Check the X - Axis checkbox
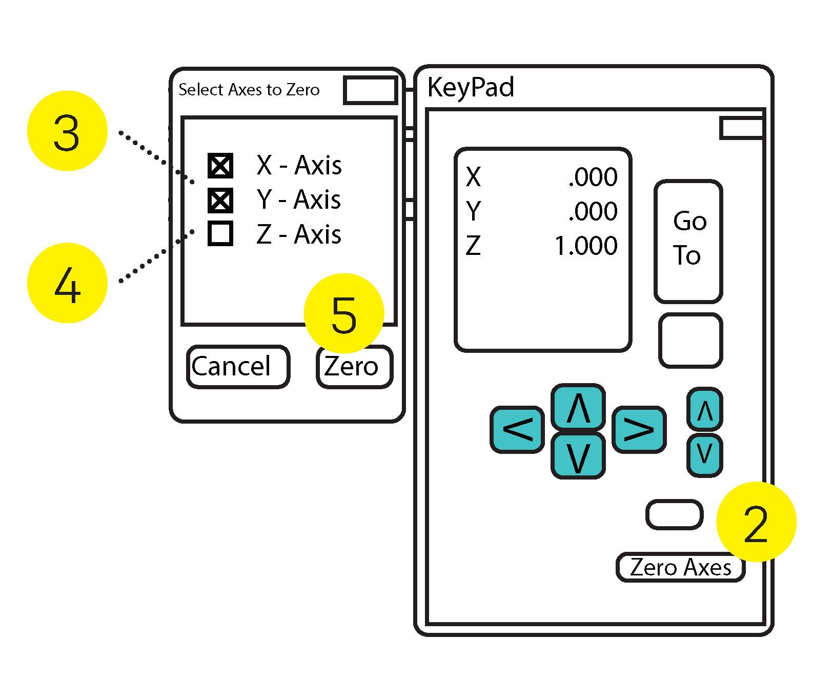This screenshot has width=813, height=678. click(220, 166)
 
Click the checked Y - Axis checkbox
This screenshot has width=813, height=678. click(220, 201)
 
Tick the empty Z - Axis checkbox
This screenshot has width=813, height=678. click(220, 233)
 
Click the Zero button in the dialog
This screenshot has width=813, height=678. click(354, 367)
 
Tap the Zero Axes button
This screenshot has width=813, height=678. click(680, 567)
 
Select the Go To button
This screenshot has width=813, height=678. click(688, 241)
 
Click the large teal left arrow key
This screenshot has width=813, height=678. click(517, 429)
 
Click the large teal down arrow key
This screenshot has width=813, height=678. click(578, 455)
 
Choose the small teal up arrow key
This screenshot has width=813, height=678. click(705, 410)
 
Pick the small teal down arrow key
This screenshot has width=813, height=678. click(705, 455)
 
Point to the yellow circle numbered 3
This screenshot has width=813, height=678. click(67, 131)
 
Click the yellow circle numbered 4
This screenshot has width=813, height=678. click(67, 283)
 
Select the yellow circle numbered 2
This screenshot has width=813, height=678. click(756, 522)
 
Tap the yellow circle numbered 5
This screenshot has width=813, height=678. click(344, 313)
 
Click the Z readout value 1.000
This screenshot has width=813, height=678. click(586, 246)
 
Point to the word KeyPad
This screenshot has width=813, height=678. click(471, 87)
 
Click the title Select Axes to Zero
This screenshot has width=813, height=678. click(249, 90)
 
